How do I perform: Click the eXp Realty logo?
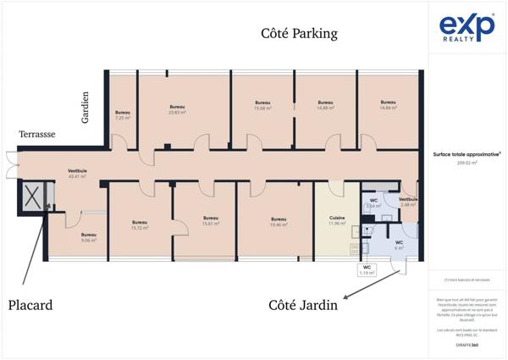[467, 28]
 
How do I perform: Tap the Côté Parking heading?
[298, 34]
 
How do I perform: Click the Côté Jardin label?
[304, 304]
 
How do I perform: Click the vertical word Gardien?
[86, 108]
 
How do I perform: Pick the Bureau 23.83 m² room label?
[177, 109]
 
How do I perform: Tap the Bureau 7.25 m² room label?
[123, 115]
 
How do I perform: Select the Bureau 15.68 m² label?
[262, 105]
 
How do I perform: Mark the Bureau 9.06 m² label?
[89, 237]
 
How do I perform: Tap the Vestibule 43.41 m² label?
[78, 174]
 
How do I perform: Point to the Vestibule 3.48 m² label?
[409, 202]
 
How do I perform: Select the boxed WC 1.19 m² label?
[367, 270]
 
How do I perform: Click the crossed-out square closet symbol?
[32, 197]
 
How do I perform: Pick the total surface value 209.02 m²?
[467, 162]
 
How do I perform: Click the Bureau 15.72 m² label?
[140, 225]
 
